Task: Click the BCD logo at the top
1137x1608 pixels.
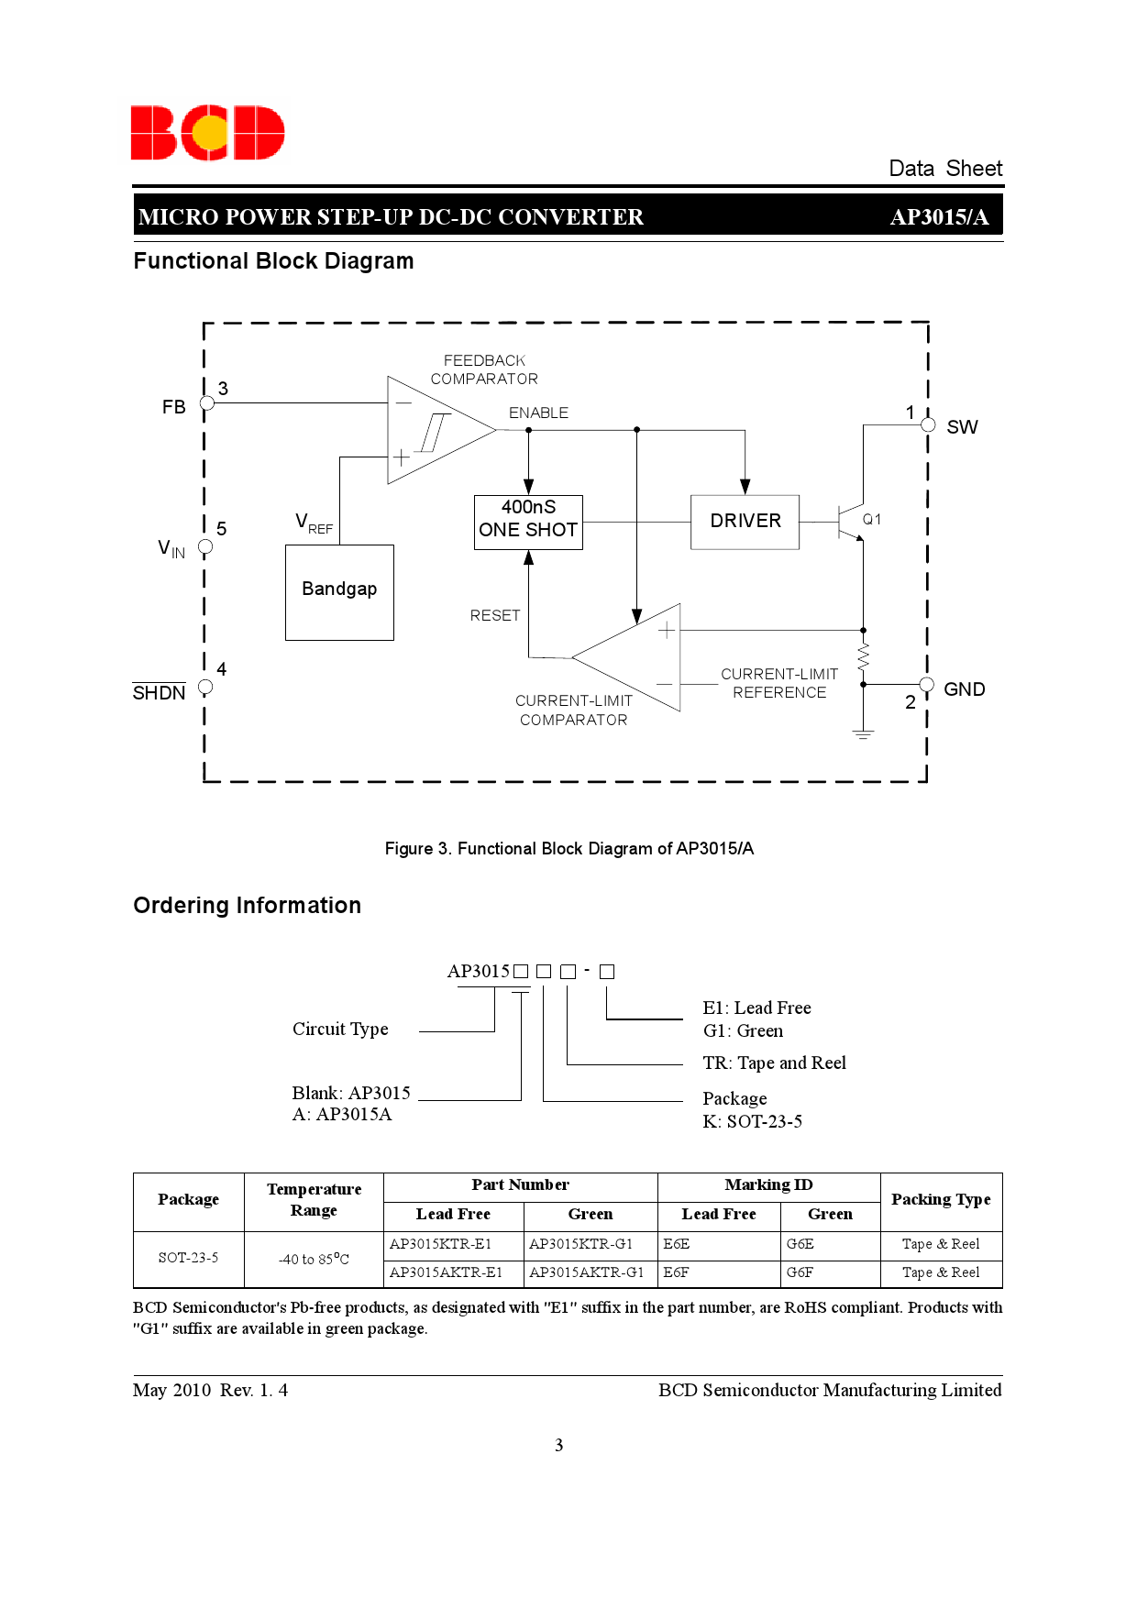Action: click(207, 133)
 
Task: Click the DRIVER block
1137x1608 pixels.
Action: click(745, 522)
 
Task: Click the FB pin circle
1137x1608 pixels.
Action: click(207, 403)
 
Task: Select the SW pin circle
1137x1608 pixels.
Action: click(928, 425)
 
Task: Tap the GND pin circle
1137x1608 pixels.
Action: click(927, 685)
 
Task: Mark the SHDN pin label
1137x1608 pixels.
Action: click(159, 692)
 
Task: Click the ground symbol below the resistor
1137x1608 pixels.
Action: click(863, 733)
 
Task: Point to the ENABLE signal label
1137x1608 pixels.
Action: click(538, 413)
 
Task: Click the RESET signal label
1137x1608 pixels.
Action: click(495, 616)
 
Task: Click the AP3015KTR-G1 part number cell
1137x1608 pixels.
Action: click(590, 1244)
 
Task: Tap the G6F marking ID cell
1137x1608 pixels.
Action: click(829, 1272)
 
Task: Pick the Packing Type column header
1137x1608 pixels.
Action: click(941, 1200)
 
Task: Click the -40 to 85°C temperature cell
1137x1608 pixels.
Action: click(314, 1259)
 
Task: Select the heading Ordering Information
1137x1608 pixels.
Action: click(248, 906)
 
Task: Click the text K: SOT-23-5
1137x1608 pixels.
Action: click(752, 1121)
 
